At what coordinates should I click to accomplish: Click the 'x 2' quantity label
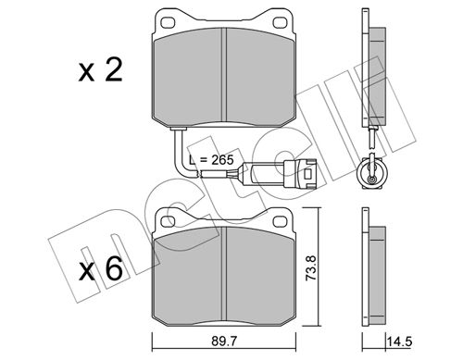100,70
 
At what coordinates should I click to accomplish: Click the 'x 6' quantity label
101,268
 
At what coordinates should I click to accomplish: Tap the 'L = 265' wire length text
212,160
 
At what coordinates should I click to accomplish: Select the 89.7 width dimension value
224,341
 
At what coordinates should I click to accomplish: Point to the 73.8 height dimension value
311,267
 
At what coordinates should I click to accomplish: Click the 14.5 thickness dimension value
399,341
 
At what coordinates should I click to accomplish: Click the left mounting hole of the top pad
168,22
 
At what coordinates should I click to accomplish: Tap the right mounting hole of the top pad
280,22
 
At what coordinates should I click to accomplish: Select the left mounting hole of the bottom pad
168,221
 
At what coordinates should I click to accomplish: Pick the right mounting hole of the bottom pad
280,221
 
